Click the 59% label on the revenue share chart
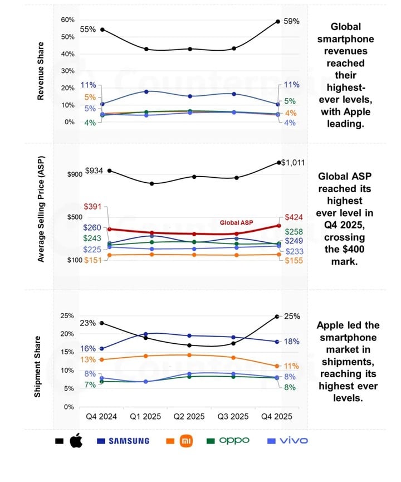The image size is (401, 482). click(x=292, y=21)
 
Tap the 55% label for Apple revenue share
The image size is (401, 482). click(x=88, y=29)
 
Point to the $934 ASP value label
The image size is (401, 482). click(x=95, y=171)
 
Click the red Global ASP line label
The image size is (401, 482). click(x=236, y=222)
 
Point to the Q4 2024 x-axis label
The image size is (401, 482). click(x=102, y=417)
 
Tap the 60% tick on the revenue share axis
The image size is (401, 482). click(x=67, y=20)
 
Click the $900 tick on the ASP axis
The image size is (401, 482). click(x=75, y=174)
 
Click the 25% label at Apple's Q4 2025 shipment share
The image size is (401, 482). click(x=292, y=316)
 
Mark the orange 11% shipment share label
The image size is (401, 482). click(x=291, y=366)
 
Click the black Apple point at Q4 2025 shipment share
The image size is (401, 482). click(x=277, y=317)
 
